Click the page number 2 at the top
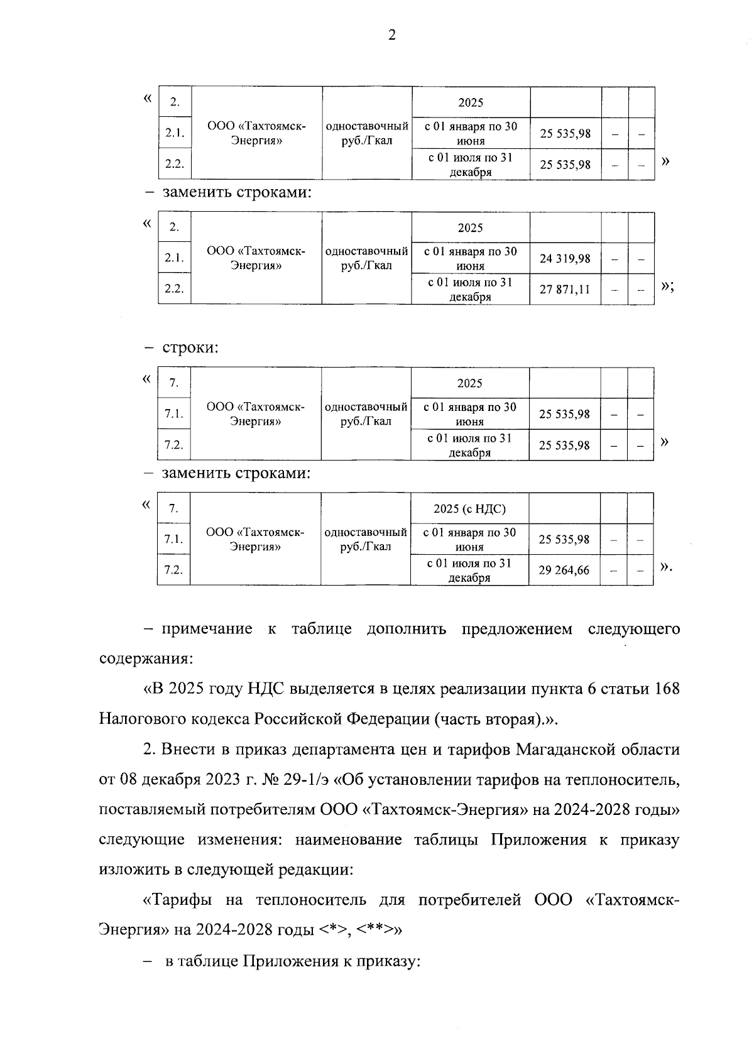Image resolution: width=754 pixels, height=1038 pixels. (391, 36)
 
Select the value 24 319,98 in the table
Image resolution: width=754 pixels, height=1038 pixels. (565, 258)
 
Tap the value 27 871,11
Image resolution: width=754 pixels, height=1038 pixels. (565, 289)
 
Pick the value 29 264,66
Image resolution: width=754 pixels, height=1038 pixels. (564, 570)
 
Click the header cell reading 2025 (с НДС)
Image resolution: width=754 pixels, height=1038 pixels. (469, 508)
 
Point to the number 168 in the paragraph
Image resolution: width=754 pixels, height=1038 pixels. (667, 689)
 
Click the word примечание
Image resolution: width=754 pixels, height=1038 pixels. (207, 629)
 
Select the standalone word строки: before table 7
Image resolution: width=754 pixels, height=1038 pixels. (190, 347)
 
